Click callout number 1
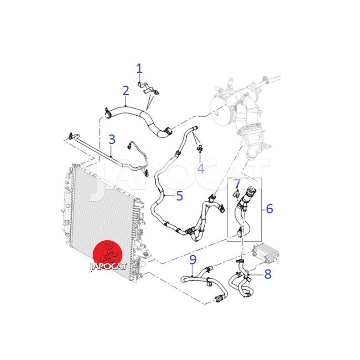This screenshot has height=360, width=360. click(x=139, y=68)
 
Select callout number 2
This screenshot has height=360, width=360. click(x=126, y=91)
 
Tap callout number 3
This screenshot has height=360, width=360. click(x=112, y=139)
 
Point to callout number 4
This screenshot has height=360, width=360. click(x=201, y=168)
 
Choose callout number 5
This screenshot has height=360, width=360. click(x=180, y=196)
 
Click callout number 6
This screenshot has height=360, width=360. click(x=270, y=208)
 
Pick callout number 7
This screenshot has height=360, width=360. click(x=237, y=184)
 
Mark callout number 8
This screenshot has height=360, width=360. click(x=268, y=274)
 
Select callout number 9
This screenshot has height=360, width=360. click(x=193, y=260)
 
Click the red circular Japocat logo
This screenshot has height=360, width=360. click(x=108, y=255)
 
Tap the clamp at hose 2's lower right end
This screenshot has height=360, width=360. click(x=169, y=131)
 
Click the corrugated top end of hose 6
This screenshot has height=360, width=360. click(x=250, y=192)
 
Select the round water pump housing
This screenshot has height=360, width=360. click(x=220, y=108)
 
